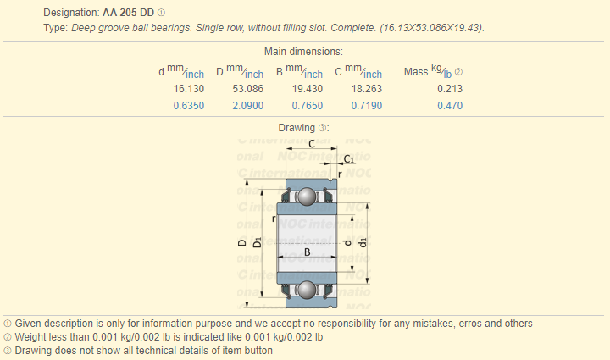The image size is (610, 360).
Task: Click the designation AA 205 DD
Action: tap(129, 13)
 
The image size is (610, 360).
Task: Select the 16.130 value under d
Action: tap(189, 89)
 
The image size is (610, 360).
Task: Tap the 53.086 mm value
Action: tap(247, 89)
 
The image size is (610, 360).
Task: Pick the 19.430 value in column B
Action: tap(308, 89)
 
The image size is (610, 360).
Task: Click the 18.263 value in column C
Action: tap(367, 89)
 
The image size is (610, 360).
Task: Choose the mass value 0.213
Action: tap(450, 89)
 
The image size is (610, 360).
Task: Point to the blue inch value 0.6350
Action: tap(189, 106)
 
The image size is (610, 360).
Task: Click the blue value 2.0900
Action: tap(247, 106)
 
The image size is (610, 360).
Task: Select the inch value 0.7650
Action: tap(308, 106)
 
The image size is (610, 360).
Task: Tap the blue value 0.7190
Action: tap(367, 106)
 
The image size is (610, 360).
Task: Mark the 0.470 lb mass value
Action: tap(450, 106)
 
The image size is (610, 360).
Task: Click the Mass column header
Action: tap(416, 72)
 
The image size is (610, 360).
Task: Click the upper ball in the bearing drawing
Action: tap(307, 197)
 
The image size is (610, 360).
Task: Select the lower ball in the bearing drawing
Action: tap(307, 290)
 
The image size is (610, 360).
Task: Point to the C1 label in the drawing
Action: tap(348, 159)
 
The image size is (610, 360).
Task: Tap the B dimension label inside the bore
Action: tap(307, 252)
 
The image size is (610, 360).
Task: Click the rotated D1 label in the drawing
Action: tap(258, 242)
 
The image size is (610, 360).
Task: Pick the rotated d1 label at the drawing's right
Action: tap(363, 242)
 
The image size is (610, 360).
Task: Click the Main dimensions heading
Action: tap(303, 52)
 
